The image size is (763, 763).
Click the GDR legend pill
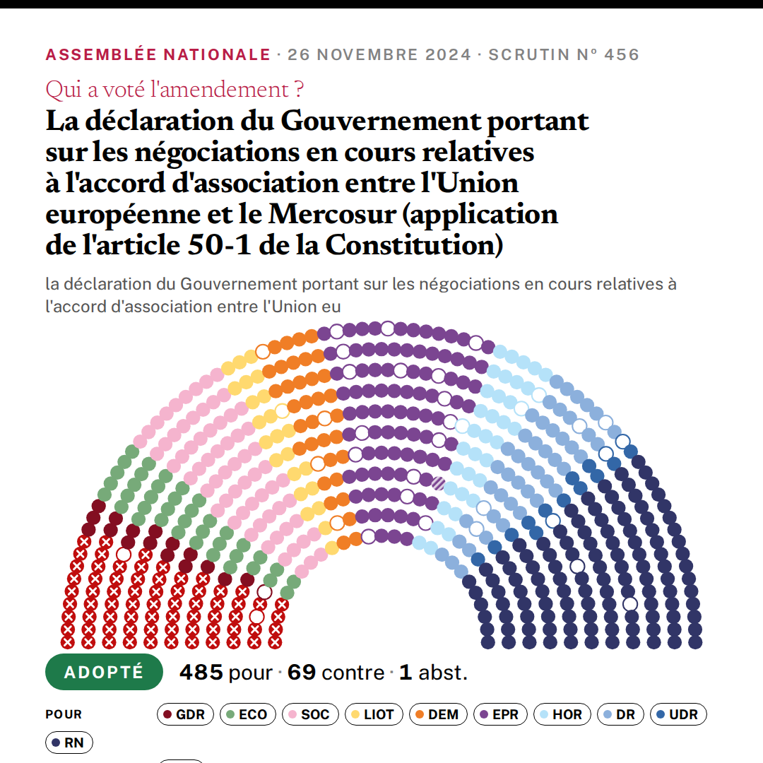pyautogui.click(x=185, y=714)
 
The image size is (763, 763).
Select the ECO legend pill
pyautogui.click(x=248, y=714)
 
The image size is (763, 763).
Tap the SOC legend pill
pyautogui.click(x=310, y=714)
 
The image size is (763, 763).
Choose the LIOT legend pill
pyautogui.click(x=374, y=714)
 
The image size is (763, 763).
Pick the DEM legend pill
pyautogui.click(x=438, y=714)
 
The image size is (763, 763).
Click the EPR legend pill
pyautogui.click(x=500, y=714)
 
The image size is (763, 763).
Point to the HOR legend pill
pyautogui.click(x=562, y=714)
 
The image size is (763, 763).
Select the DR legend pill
pyautogui.click(x=620, y=714)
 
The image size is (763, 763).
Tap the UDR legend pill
pyautogui.click(x=678, y=714)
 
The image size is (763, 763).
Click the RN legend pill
pyautogui.click(x=69, y=743)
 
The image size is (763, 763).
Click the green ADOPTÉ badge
pyautogui.click(x=104, y=672)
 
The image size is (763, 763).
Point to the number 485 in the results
pyautogui.click(x=201, y=673)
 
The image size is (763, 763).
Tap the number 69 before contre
pyautogui.click(x=302, y=673)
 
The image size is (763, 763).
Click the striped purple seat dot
pyautogui.click(x=439, y=483)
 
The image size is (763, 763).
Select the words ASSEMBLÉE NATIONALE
pyautogui.click(x=158, y=54)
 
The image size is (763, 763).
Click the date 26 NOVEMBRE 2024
pyautogui.click(x=379, y=54)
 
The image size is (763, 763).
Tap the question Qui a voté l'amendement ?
pyautogui.click(x=175, y=90)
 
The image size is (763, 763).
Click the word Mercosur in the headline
pyautogui.click(x=333, y=214)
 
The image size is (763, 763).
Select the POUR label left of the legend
pyautogui.click(x=64, y=714)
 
